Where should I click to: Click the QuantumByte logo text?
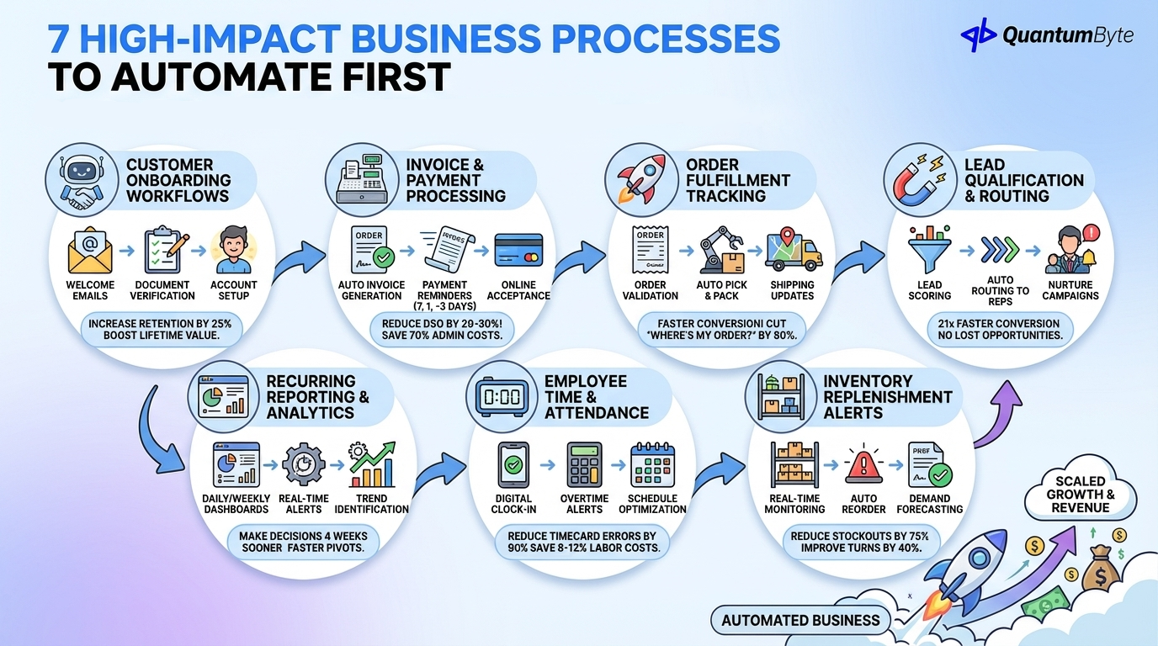click(1067, 35)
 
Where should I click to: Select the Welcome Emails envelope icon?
click(90, 250)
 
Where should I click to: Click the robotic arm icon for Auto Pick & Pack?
click(720, 250)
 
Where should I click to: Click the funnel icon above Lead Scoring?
click(929, 250)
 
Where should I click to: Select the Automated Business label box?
click(799, 621)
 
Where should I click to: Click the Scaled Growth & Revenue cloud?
click(1080, 495)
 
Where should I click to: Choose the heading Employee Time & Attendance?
click(597, 397)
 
